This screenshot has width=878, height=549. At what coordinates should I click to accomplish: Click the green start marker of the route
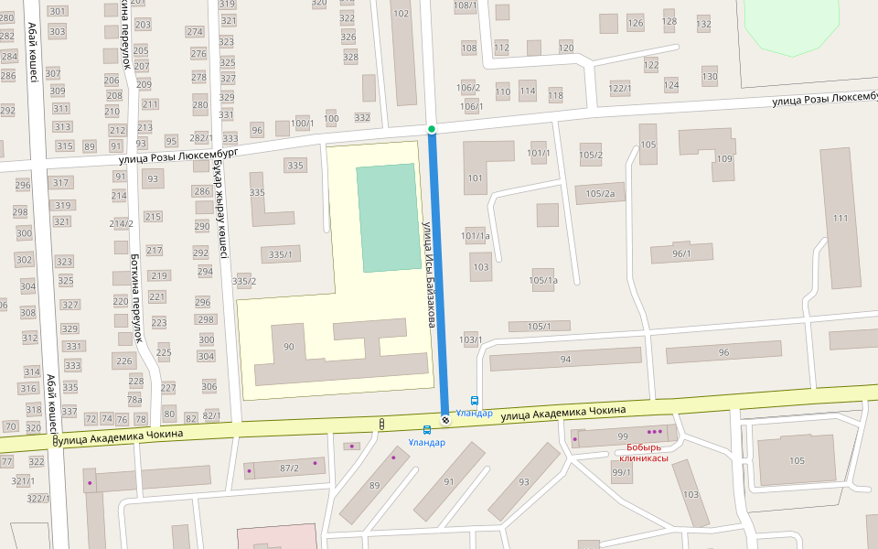pos(432,130)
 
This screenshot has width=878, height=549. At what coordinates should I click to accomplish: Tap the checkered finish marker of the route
pos(445,420)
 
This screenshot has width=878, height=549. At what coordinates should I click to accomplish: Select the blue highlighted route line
pos(438,274)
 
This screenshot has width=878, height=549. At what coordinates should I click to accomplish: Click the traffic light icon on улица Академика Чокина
pos(381,424)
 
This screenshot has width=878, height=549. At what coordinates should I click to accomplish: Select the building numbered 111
pos(841,220)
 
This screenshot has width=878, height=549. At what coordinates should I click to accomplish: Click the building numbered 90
pos(289,348)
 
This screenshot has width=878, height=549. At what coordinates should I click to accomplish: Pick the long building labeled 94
pos(565,360)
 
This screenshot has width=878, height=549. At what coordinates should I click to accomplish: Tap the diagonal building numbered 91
pos(448,481)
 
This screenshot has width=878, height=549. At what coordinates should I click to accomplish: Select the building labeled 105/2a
pos(601,193)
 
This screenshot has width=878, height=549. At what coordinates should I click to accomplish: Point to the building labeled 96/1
pos(681,253)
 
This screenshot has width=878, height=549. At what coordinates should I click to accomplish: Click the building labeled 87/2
pos(289,468)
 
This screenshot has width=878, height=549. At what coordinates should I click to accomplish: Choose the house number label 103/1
pos(471,339)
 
